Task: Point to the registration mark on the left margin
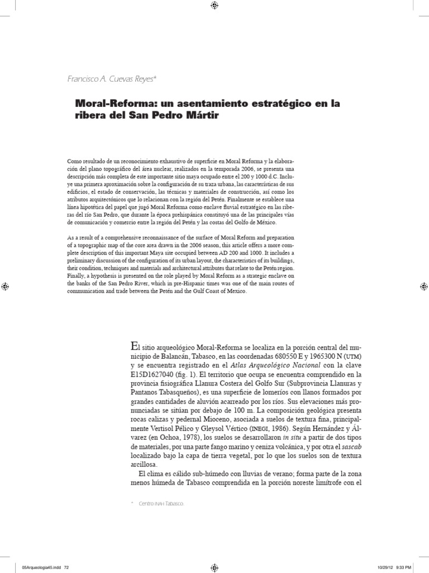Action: (5, 286)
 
